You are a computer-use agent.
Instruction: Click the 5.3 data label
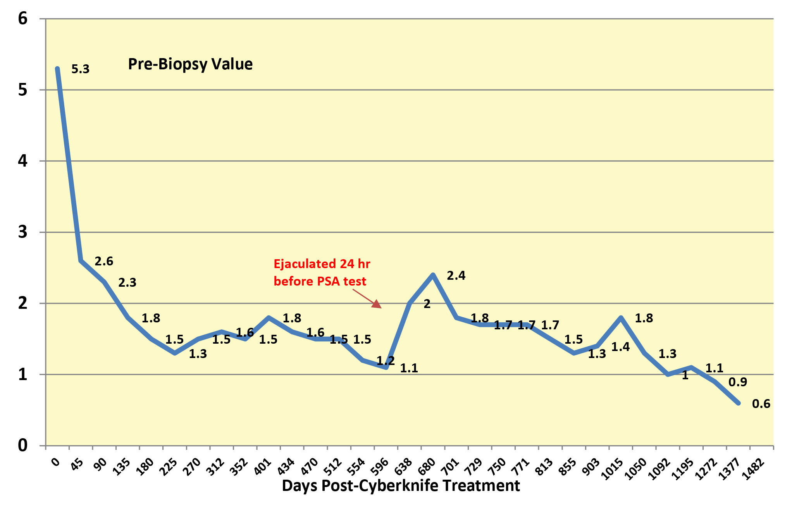(x=80, y=69)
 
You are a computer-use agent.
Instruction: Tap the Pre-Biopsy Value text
(x=190, y=64)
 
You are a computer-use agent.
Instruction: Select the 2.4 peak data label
(x=456, y=275)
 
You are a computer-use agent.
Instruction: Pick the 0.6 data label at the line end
(x=761, y=404)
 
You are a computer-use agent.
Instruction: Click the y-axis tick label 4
(x=23, y=161)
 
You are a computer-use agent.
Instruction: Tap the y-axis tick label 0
(x=23, y=446)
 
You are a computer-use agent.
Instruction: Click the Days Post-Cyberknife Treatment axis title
(x=401, y=486)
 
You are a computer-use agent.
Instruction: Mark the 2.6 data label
(x=104, y=262)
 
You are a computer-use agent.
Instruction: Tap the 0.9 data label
(x=737, y=382)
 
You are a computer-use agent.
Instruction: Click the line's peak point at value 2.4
(x=433, y=275)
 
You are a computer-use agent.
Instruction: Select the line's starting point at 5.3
(x=57, y=69)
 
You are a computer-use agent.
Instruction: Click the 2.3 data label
(x=127, y=283)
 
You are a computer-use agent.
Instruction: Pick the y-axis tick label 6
(x=23, y=19)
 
